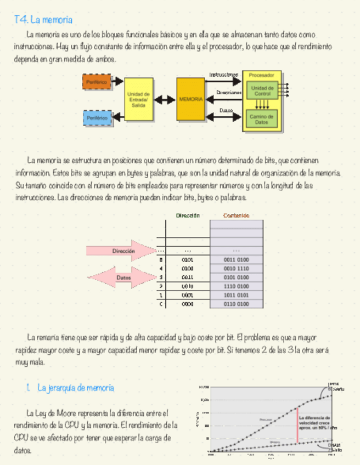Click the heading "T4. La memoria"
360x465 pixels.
click(x=43, y=20)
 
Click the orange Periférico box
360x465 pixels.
click(x=96, y=82)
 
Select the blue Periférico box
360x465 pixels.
click(x=96, y=117)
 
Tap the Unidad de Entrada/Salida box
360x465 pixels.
click(x=138, y=99)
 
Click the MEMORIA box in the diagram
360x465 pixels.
click(x=190, y=99)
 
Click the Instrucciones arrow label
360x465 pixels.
click(x=223, y=74)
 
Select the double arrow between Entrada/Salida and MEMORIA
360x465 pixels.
click(x=165, y=100)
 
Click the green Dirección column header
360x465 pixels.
click(x=188, y=216)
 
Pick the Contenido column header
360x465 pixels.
click(x=237, y=216)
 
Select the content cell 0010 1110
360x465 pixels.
click(x=237, y=269)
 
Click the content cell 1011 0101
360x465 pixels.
click(x=237, y=295)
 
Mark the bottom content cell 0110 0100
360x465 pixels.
click(x=237, y=304)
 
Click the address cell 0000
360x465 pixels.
click(x=187, y=304)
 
